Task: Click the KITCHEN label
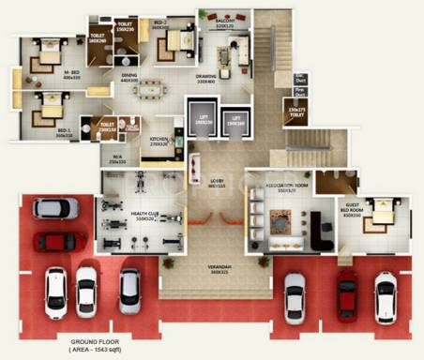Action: tap(159, 140)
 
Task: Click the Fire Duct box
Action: tap(300, 93)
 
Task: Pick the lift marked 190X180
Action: tap(235, 122)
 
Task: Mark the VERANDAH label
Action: tap(219, 269)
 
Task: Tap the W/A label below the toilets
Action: tap(116, 157)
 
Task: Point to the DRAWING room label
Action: tap(206, 77)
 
